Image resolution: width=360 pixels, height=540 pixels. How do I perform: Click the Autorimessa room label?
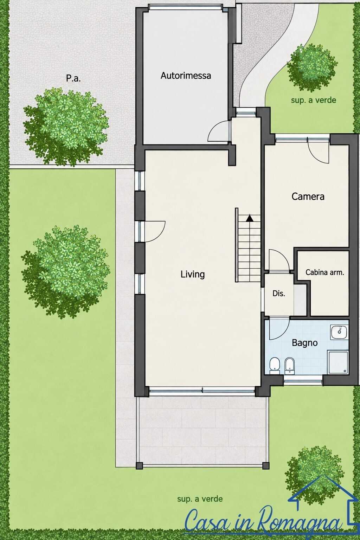[186, 76]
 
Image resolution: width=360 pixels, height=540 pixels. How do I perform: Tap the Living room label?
[193, 274]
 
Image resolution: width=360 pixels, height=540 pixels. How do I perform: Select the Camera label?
[308, 197]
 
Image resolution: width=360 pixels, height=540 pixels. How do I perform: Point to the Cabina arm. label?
[324, 272]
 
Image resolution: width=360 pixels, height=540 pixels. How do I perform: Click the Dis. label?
[279, 294]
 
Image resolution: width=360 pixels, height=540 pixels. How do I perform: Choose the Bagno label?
[304, 343]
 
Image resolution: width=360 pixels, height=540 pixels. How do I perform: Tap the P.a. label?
[73, 78]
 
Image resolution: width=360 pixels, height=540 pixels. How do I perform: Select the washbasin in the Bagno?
[340, 332]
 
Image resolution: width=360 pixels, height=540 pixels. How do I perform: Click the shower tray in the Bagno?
[338, 362]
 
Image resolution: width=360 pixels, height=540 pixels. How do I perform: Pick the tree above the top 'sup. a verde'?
[312, 67]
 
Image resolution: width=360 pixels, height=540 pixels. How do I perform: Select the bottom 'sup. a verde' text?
[200, 499]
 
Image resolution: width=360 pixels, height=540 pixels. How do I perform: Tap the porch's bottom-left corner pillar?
[139, 465]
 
